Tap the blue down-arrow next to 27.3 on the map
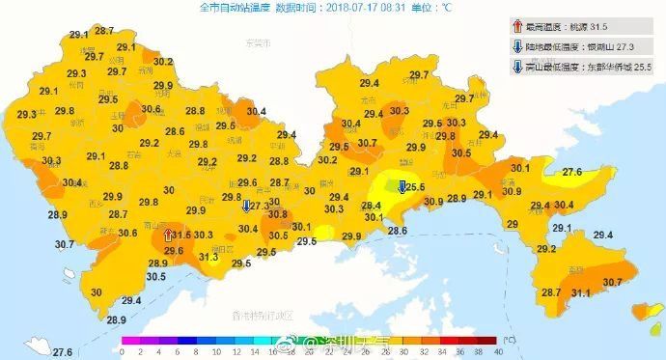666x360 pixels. (246, 205)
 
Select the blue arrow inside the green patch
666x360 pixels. (401, 187)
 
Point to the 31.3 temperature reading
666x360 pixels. (208, 257)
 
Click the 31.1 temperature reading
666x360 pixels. (581, 292)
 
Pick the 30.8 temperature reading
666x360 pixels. (278, 214)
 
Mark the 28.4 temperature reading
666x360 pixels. (371, 206)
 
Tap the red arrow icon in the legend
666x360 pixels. (517, 27)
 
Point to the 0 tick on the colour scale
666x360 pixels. (122, 352)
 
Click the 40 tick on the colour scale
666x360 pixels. (497, 352)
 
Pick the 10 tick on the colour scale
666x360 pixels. (215, 352)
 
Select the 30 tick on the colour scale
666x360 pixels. (403, 352)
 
